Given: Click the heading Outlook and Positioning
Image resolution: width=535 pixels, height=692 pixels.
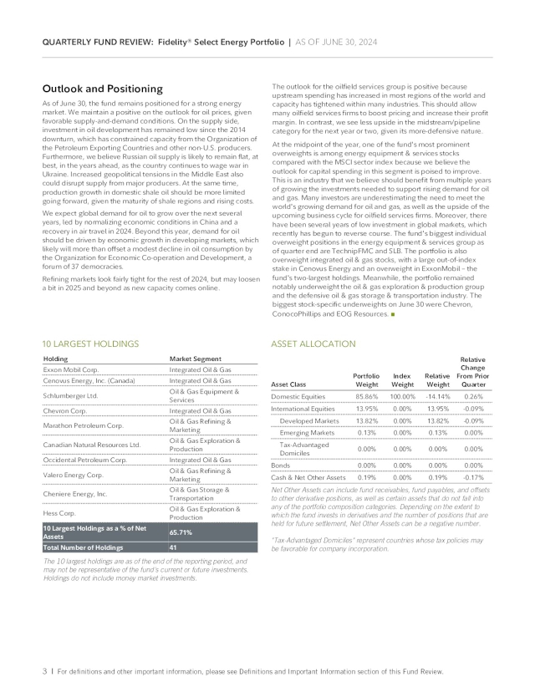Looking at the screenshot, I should [102, 89].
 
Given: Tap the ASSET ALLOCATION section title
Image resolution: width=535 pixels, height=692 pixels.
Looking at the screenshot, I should [313, 343].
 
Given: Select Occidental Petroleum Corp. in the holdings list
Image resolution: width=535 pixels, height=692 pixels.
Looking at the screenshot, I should [84, 460].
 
